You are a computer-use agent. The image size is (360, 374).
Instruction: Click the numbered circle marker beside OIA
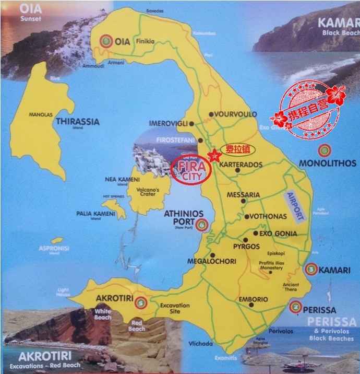click(x=106, y=41)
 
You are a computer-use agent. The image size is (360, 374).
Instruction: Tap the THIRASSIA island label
click(x=77, y=121)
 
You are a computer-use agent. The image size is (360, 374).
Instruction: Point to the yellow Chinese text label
click(x=237, y=149)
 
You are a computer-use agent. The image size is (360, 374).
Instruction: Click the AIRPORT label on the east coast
click(x=294, y=206)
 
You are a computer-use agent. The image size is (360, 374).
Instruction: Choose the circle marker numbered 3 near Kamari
click(x=311, y=269)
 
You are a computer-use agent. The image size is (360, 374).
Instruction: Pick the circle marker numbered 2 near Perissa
click(x=295, y=307)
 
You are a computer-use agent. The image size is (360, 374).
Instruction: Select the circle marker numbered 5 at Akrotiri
click(x=139, y=302)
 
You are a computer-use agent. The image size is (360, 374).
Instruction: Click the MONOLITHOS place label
click(x=327, y=163)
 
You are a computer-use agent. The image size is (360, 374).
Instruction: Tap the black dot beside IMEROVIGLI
click(x=192, y=124)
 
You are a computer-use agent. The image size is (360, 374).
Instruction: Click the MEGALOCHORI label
click(x=211, y=261)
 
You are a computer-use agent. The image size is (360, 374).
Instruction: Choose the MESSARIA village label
click(x=243, y=195)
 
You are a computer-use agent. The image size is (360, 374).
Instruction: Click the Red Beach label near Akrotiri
click(x=137, y=325)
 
